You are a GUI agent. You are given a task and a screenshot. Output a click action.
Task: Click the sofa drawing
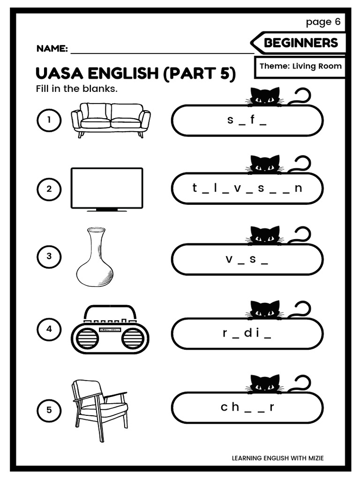click(111, 120)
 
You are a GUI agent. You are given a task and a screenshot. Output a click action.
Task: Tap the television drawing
click(106, 189)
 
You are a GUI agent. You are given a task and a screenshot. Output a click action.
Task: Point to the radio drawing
click(110, 330)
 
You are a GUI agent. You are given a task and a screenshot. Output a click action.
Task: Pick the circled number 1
click(49, 120)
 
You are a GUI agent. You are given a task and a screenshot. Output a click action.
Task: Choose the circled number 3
click(49, 256)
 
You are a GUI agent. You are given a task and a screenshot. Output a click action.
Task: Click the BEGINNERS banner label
click(300, 43)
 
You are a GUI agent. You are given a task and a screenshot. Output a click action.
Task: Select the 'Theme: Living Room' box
click(300, 66)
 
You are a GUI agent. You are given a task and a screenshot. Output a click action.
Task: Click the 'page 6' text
click(323, 22)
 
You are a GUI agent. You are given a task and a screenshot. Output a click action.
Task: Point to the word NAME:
click(52, 49)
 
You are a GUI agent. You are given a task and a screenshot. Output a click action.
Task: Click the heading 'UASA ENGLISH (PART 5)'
click(135, 74)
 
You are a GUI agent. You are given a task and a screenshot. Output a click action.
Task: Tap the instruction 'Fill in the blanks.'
click(76, 89)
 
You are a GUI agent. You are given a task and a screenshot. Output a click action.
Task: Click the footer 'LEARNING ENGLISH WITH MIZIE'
click(277, 458)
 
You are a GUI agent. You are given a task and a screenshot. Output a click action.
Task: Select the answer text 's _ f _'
click(247, 120)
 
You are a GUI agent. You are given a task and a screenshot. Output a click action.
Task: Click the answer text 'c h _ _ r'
click(247, 407)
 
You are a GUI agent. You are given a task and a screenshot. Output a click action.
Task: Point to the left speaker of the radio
click(87, 338)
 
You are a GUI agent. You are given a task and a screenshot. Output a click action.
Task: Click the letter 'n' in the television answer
click(299, 188)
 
